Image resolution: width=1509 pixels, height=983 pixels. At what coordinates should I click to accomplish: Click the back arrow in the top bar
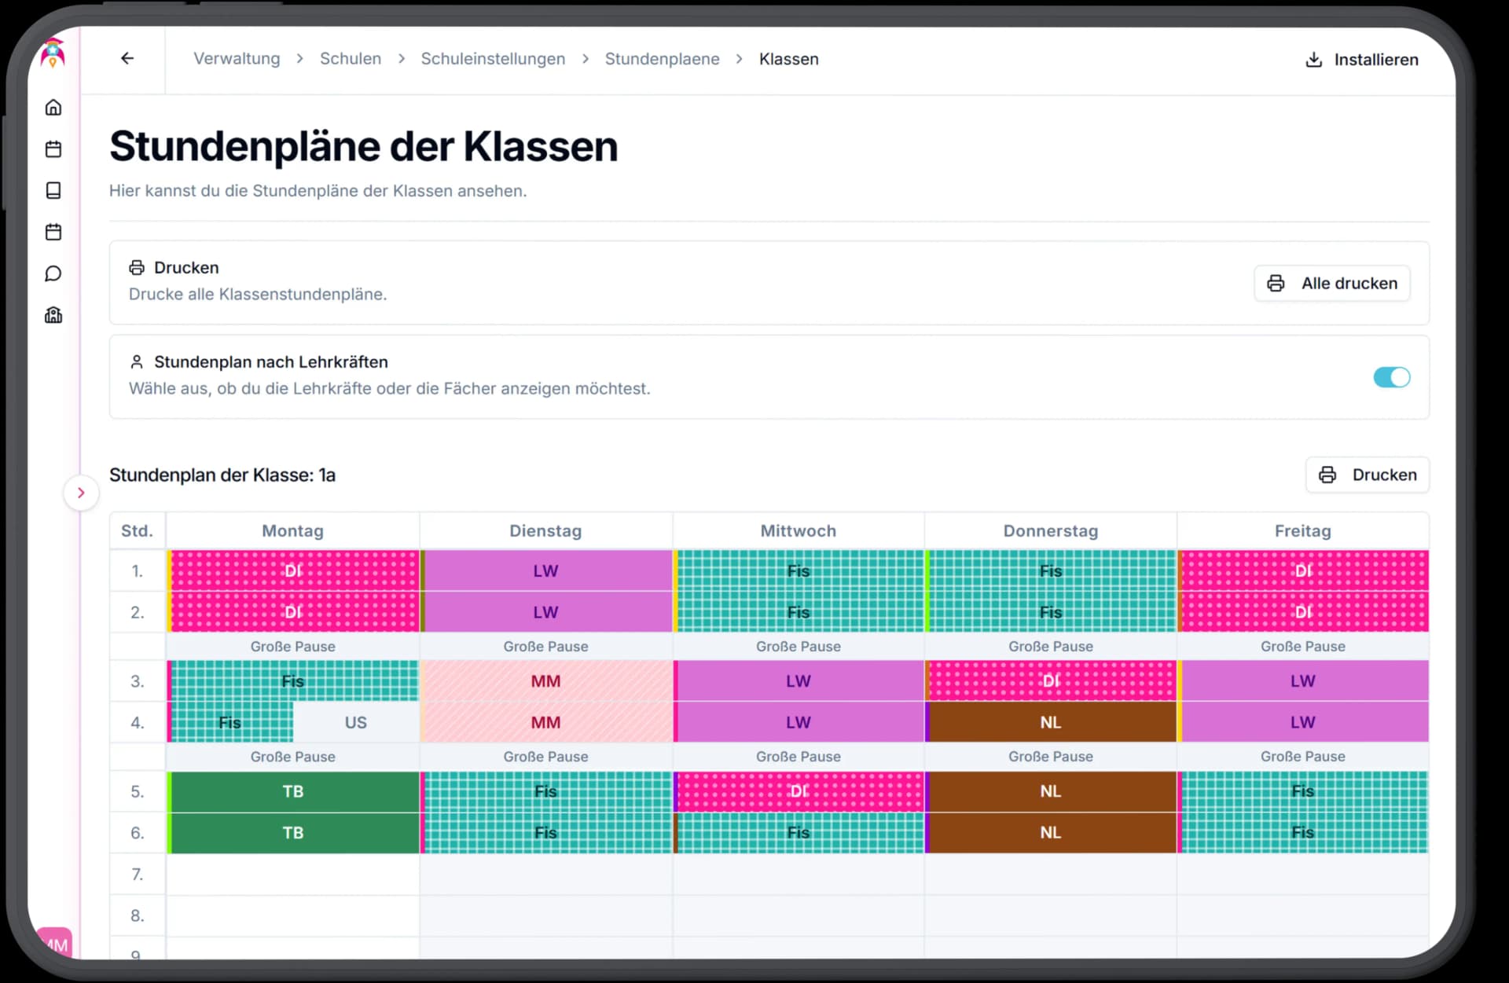tap(127, 59)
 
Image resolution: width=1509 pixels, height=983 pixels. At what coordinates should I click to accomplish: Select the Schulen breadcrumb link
tap(350, 59)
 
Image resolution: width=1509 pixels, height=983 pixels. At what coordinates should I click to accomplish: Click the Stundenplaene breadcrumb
tap(662, 59)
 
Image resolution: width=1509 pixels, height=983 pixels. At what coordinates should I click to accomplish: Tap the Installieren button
tap(1362, 60)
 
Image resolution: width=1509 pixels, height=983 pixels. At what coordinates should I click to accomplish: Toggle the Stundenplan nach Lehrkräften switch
tap(1391, 377)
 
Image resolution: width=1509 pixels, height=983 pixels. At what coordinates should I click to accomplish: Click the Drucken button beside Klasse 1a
tap(1368, 475)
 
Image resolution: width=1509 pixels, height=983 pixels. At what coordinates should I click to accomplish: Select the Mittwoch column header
tap(798, 531)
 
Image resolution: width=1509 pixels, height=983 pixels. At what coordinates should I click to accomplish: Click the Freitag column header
tap(1302, 531)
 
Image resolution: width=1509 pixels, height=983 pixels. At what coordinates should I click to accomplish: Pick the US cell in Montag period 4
tap(355, 722)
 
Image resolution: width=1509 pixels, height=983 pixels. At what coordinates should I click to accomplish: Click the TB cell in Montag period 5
tap(293, 791)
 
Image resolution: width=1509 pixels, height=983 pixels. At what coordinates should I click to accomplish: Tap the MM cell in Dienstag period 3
tap(545, 681)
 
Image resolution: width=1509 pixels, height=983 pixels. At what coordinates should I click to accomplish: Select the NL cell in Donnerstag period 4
tap(1050, 722)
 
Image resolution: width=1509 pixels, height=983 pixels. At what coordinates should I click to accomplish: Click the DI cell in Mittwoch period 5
tap(798, 791)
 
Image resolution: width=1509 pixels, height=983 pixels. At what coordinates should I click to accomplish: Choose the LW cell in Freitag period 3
tap(1302, 681)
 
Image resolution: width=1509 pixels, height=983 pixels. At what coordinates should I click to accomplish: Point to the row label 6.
tap(138, 833)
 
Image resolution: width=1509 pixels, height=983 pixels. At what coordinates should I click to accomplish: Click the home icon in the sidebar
tap(53, 108)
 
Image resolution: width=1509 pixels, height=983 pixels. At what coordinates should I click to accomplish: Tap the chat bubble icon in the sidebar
tap(53, 273)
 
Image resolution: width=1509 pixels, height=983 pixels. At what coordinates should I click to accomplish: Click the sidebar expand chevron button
tap(81, 493)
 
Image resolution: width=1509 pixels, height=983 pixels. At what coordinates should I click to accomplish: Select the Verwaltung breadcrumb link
tap(237, 59)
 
